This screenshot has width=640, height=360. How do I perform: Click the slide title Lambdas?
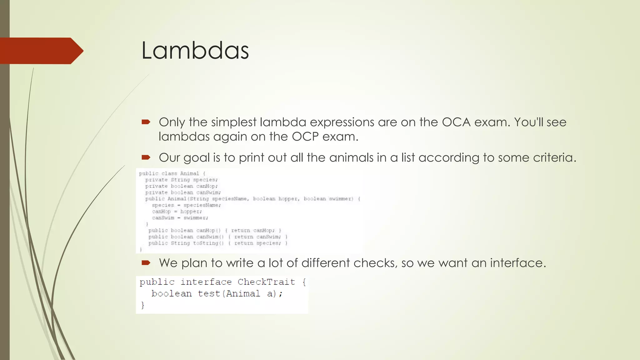[x=195, y=51]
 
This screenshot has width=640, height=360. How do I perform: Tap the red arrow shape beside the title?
[x=41, y=51]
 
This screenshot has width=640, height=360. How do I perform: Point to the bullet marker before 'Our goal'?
[x=146, y=157]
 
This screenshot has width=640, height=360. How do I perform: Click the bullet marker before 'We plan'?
[x=146, y=263]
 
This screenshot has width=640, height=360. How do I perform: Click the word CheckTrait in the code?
[x=266, y=282]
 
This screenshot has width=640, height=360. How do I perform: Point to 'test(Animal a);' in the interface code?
[x=240, y=294]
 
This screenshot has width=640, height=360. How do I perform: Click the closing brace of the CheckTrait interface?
[x=142, y=305]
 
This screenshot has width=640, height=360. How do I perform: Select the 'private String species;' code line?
[x=181, y=180]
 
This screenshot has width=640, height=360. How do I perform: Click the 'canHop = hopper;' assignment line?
[x=177, y=212]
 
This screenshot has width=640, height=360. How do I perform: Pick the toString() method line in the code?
[x=217, y=243]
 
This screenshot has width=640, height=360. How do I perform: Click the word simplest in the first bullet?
[x=234, y=122]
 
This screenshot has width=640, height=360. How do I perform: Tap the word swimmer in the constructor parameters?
[x=341, y=199]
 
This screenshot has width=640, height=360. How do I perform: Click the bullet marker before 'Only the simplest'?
[x=146, y=122]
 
